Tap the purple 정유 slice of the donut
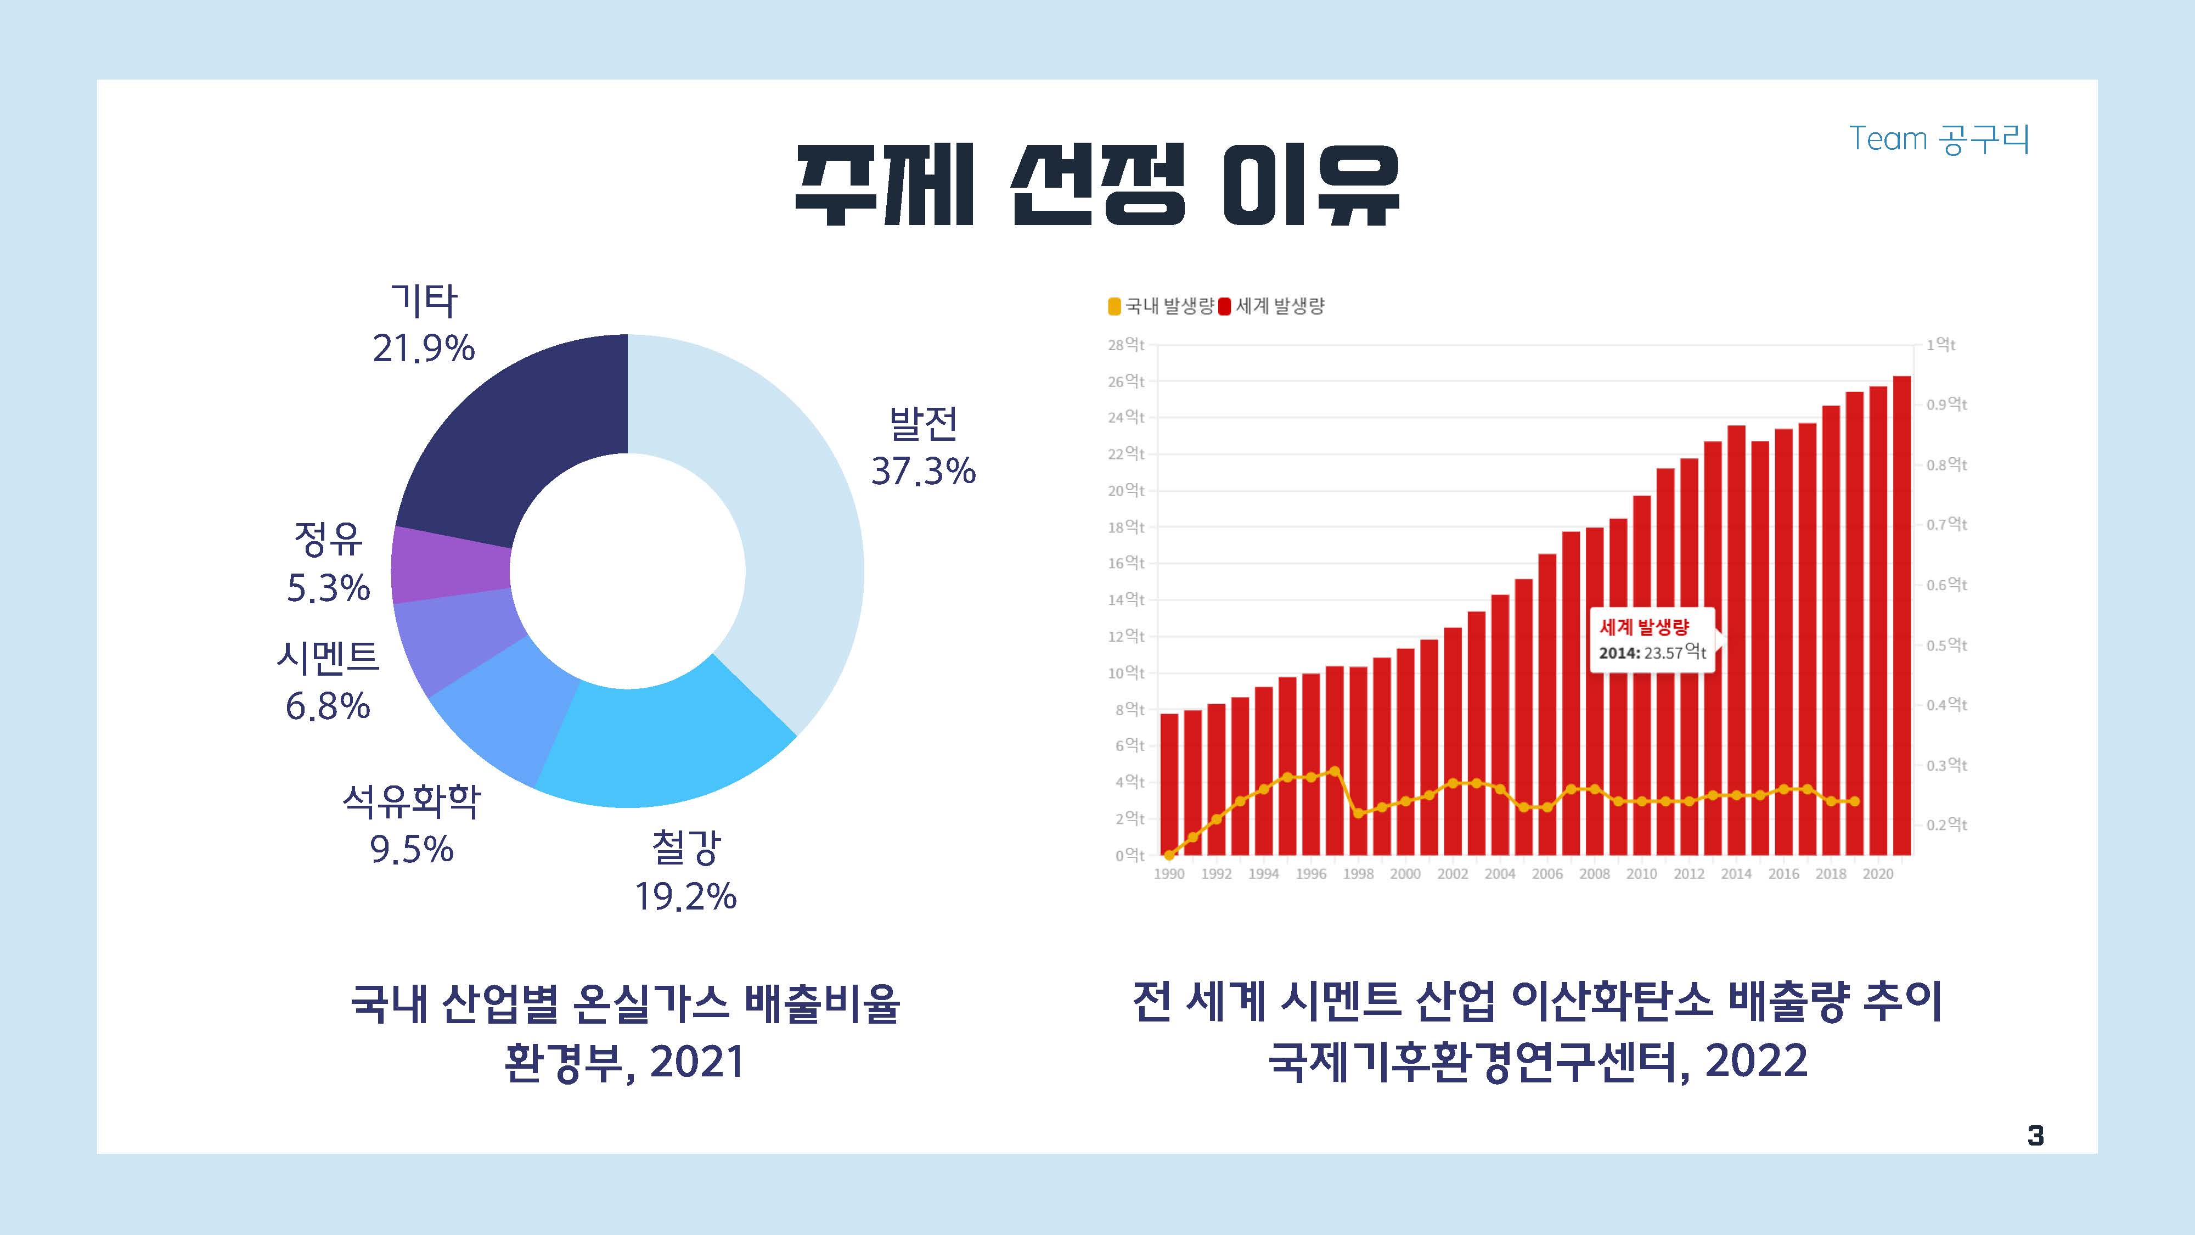point(450,564)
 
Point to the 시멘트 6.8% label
point(328,681)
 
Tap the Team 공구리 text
point(1939,139)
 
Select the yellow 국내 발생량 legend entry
point(1161,306)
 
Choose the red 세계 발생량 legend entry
point(1271,306)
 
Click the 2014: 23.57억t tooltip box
point(1651,641)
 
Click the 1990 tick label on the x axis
point(1168,874)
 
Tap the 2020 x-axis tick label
point(1877,874)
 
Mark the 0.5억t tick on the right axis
point(1946,645)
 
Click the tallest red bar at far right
point(1901,614)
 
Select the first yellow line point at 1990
point(1169,854)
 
